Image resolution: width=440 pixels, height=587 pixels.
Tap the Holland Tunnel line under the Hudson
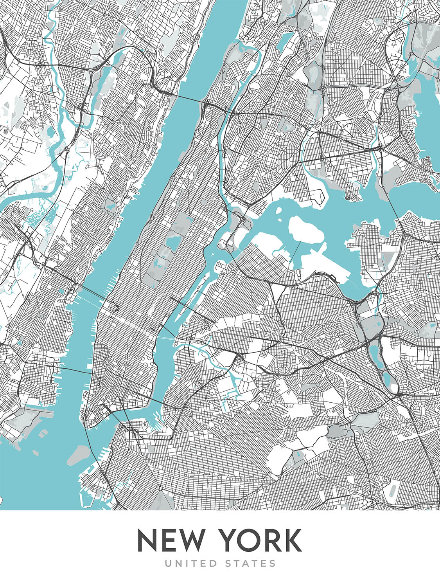tap(74, 370)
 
